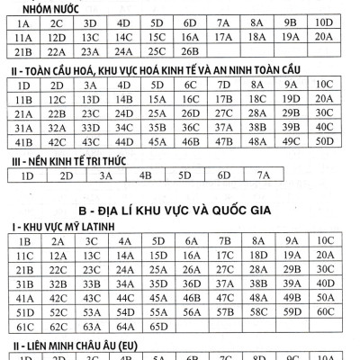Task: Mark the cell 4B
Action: pyautogui.click(x=144, y=175)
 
